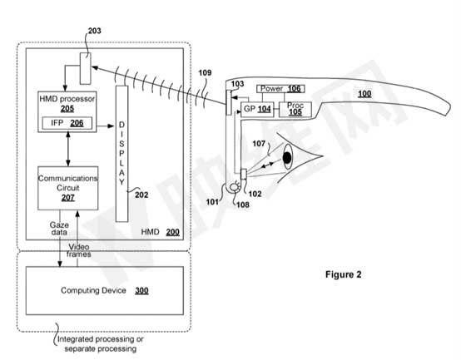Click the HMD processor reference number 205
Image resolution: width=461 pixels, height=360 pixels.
67,109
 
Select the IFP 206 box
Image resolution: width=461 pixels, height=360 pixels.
67,123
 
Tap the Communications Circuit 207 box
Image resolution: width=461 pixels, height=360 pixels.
68,188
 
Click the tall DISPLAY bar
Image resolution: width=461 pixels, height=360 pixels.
121,154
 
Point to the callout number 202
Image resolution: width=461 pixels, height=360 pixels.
141,195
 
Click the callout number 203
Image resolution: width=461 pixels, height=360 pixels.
94,31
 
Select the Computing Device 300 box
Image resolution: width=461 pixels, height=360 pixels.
105,291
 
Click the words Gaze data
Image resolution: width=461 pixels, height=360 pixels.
59,229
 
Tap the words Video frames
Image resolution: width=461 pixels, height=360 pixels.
78,250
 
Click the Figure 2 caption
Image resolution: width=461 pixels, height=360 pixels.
343,274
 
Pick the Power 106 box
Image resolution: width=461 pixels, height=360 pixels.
280,89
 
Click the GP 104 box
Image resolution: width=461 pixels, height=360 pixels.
257,110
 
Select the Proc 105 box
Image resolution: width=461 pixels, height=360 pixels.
295,110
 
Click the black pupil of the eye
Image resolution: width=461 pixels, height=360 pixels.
287,158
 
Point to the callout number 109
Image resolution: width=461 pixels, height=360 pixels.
205,72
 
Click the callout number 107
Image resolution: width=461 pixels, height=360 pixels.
259,144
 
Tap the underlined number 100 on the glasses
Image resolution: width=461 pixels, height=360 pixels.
364,94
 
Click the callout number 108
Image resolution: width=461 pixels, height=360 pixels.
243,205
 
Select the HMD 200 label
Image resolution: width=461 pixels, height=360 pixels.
161,232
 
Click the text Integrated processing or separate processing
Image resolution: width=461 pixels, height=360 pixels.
100,344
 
